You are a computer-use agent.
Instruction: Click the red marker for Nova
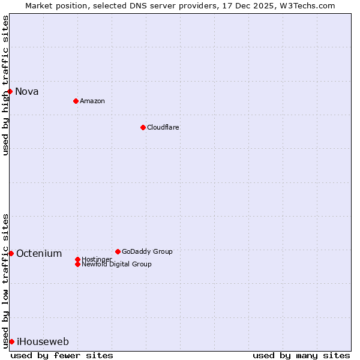(10, 91)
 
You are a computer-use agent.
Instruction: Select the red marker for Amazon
(76, 101)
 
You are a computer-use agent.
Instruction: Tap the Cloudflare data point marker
(143, 127)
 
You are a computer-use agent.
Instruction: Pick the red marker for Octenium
(11, 253)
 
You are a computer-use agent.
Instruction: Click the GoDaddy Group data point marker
(118, 251)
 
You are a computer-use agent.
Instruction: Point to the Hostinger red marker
(77, 259)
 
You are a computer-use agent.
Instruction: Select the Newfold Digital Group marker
(77, 264)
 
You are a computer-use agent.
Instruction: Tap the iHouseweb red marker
(11, 341)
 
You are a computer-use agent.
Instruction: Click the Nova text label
(27, 91)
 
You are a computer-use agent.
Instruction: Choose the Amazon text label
(92, 101)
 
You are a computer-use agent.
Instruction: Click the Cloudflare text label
(163, 127)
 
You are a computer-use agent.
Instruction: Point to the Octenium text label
(39, 253)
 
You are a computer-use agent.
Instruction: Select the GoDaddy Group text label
(147, 251)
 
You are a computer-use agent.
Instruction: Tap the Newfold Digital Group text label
(116, 264)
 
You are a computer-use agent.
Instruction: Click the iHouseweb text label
(43, 341)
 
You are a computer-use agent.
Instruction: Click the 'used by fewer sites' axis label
(62, 355)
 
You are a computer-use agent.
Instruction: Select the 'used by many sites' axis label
(301, 355)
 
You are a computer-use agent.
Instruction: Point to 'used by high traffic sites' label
(6, 85)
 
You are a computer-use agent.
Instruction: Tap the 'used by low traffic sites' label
(6, 281)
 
